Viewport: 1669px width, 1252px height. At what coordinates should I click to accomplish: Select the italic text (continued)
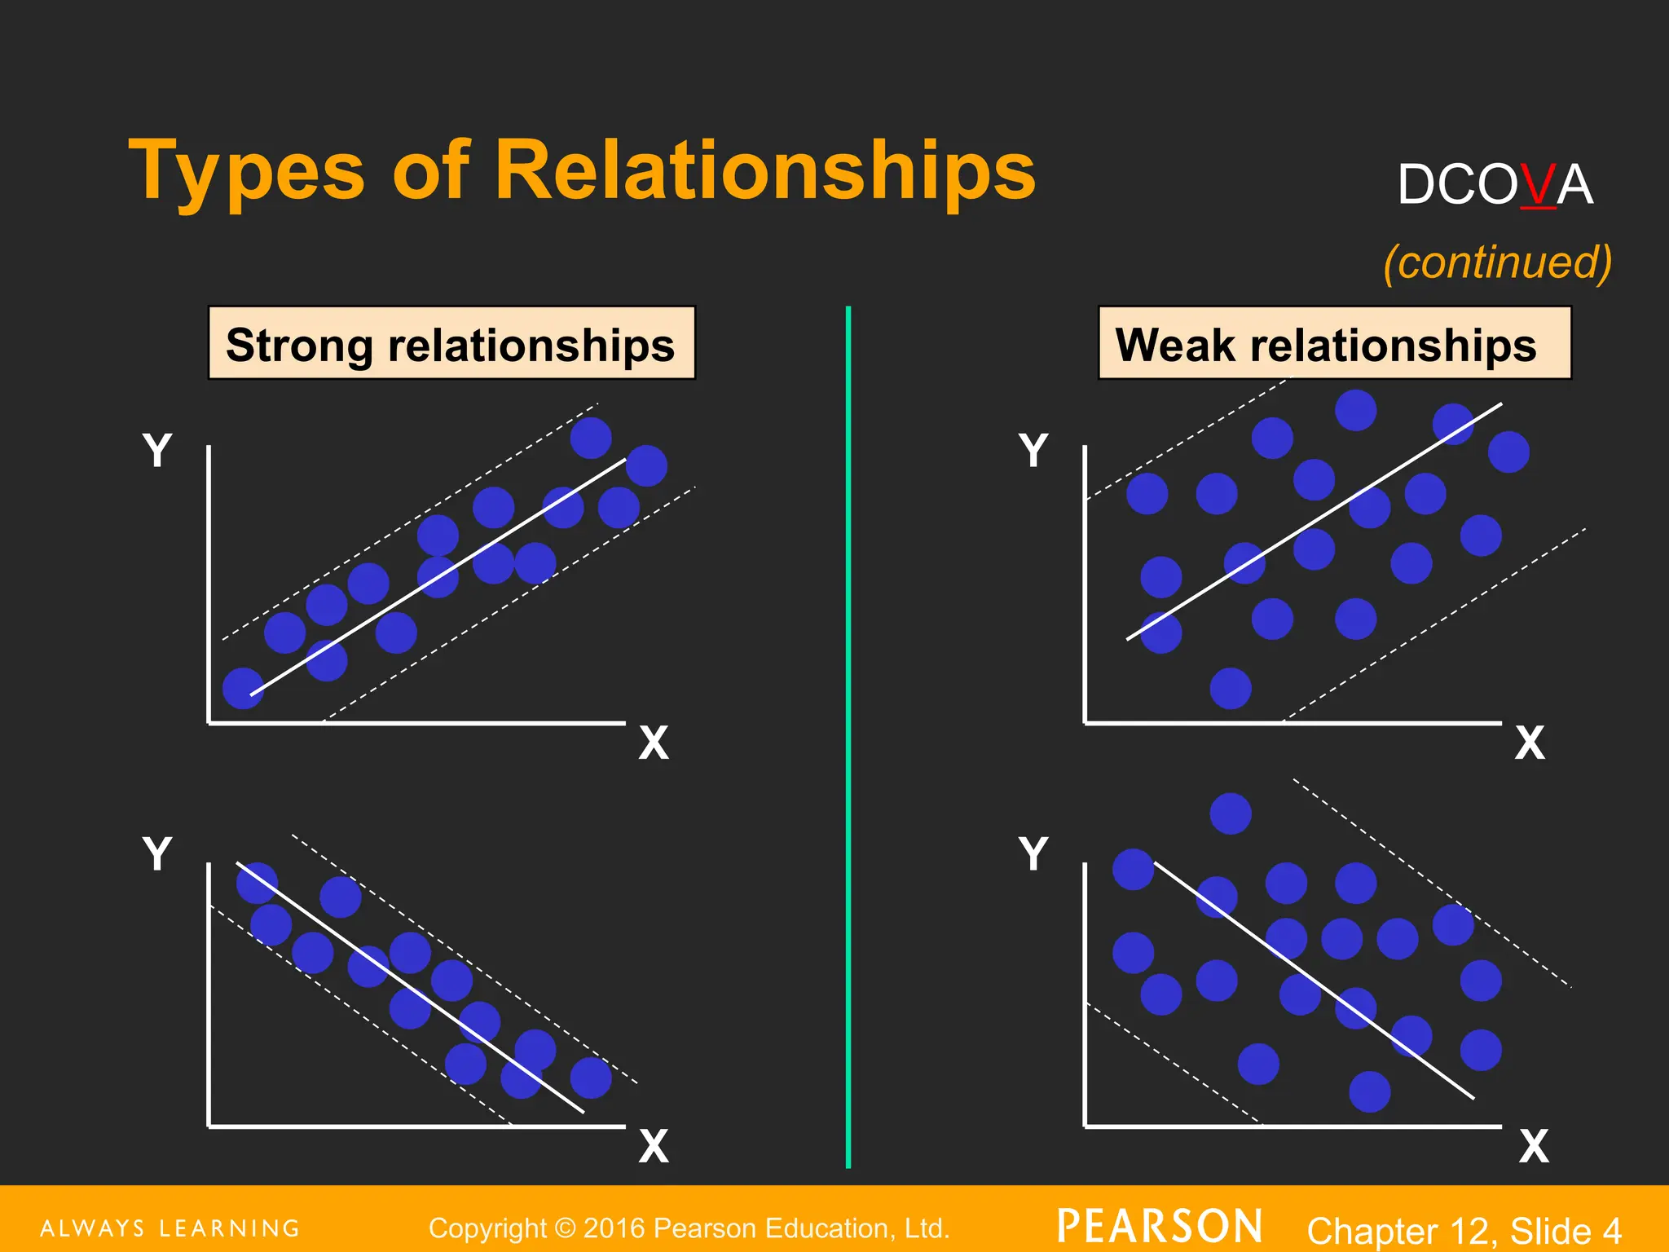[x=1497, y=262]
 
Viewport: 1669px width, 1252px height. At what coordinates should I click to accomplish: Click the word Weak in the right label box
[x=1174, y=345]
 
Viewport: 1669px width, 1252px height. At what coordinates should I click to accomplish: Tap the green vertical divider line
[x=848, y=734]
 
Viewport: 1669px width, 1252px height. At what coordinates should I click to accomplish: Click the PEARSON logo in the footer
[x=1159, y=1227]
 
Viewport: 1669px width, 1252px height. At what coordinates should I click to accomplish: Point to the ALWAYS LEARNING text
[x=170, y=1228]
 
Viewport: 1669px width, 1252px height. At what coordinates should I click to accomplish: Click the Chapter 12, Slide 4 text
[x=1464, y=1230]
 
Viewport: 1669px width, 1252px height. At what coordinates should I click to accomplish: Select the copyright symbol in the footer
[x=564, y=1228]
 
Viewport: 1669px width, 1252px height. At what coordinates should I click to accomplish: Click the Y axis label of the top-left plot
[x=157, y=450]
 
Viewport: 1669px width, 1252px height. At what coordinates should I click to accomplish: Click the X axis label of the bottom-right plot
[x=1534, y=1146]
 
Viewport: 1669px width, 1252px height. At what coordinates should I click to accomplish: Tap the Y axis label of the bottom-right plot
[x=1033, y=854]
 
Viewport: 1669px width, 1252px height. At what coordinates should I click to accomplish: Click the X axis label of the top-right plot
[x=1530, y=743]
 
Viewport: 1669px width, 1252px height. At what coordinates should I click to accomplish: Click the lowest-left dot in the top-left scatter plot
[x=243, y=688]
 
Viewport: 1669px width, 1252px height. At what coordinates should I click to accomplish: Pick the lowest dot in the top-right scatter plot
[x=1231, y=688]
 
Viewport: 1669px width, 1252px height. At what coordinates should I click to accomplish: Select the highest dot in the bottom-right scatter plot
[x=1231, y=813]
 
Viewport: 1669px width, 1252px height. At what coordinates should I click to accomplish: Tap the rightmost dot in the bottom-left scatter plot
[x=591, y=1078]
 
